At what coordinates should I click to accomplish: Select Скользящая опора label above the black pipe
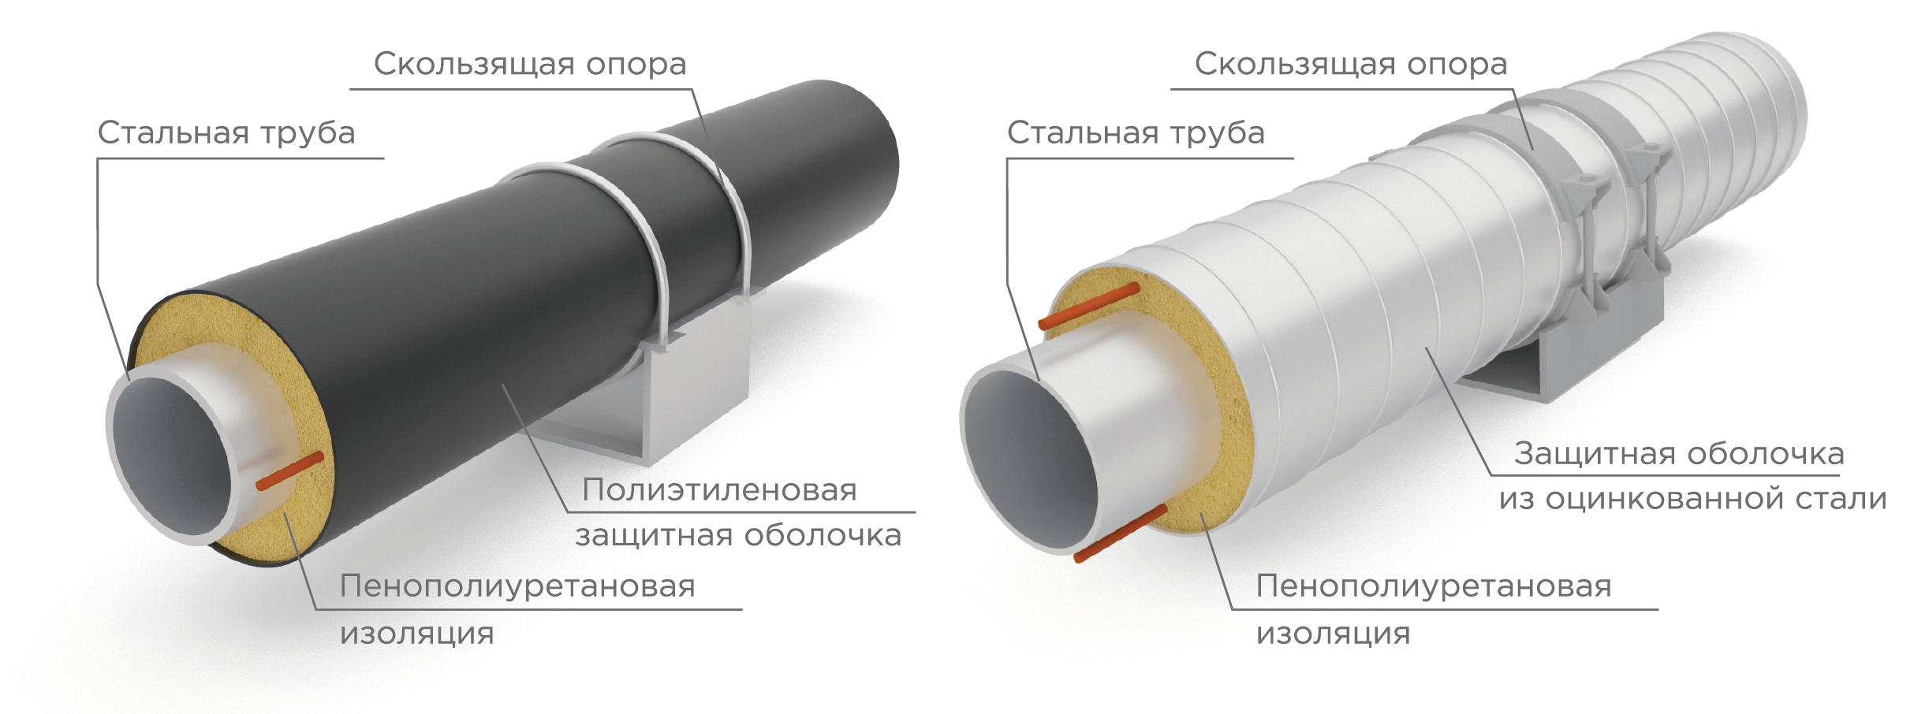[530, 64]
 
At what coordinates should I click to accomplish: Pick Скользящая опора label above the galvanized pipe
[1350, 64]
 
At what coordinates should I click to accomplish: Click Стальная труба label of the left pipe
[226, 132]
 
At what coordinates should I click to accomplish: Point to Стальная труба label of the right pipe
[1136, 132]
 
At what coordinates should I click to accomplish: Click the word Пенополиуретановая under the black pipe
[517, 586]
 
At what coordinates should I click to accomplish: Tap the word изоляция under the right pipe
[1333, 633]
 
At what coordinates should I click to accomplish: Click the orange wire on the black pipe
[290, 470]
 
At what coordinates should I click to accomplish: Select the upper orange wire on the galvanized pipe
[1089, 306]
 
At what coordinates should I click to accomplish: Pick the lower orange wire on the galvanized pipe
[1120, 534]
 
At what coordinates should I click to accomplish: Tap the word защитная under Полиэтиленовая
[656, 536]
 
